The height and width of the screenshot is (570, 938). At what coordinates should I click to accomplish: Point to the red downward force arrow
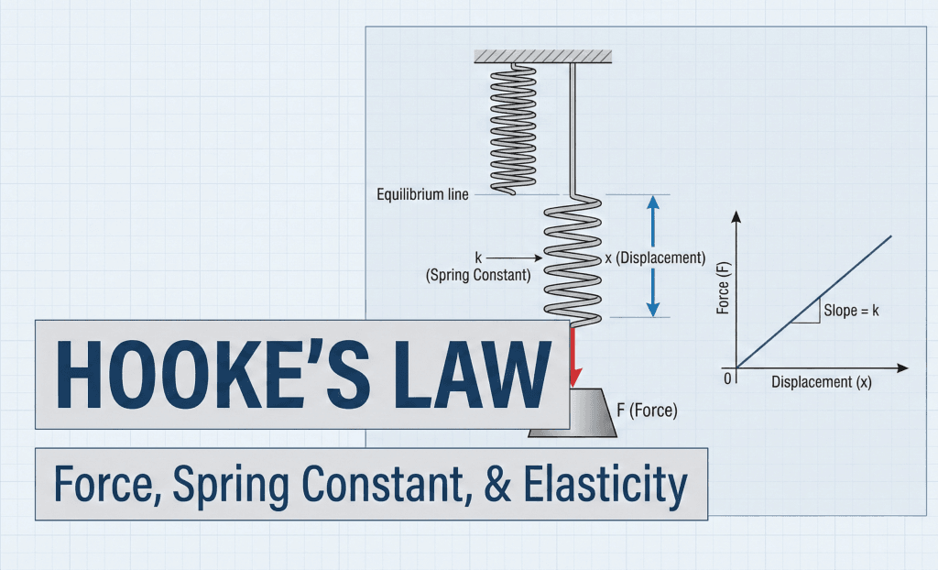574,356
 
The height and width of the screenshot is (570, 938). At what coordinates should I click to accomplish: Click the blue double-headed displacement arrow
651,256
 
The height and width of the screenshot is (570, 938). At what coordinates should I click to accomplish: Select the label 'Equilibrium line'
422,195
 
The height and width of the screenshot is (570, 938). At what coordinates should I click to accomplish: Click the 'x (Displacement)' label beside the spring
655,258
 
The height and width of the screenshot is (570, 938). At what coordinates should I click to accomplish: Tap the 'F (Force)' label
647,411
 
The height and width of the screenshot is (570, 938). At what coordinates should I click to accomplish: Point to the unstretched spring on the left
516,129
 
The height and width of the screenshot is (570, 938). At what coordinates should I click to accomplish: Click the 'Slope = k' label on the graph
852,311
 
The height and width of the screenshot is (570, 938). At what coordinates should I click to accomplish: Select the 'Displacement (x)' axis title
822,382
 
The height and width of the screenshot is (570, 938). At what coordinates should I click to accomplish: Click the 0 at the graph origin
729,378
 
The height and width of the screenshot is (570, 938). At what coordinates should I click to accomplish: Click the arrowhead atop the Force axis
736,217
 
